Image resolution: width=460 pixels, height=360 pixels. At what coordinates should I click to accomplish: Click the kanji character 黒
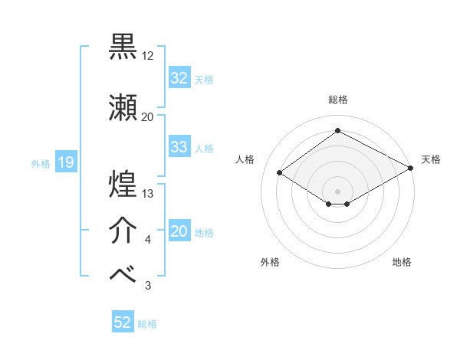pyautogui.click(x=123, y=47)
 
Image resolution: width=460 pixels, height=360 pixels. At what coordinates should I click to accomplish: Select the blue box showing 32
pyautogui.click(x=179, y=78)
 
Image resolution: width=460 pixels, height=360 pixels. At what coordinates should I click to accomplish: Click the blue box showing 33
pyautogui.click(x=179, y=147)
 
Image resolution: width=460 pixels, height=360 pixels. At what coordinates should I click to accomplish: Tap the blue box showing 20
pyautogui.click(x=179, y=232)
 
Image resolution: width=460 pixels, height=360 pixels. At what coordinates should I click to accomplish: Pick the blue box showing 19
pyautogui.click(x=65, y=162)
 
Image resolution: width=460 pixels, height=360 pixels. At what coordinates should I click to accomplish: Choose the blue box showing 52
pyautogui.click(x=123, y=323)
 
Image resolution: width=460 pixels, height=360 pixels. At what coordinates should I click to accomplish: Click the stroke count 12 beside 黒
pyautogui.click(x=148, y=56)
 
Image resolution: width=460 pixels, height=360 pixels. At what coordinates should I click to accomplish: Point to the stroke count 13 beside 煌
pyautogui.click(x=148, y=194)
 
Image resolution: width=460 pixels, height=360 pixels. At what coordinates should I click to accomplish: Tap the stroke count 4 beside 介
pyautogui.click(x=148, y=241)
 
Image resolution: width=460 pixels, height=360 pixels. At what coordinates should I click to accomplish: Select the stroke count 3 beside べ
pyautogui.click(x=148, y=286)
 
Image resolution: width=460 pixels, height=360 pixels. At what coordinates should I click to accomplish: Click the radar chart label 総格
pyautogui.click(x=337, y=100)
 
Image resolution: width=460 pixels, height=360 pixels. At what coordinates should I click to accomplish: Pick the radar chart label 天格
pyautogui.click(x=431, y=159)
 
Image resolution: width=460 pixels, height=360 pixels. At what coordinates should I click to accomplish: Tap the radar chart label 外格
pyautogui.click(x=270, y=262)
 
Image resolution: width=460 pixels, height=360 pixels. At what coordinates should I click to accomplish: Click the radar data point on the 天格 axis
pyautogui.click(x=412, y=168)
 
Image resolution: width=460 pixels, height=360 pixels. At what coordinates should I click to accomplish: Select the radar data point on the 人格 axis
pyautogui.click(x=280, y=173)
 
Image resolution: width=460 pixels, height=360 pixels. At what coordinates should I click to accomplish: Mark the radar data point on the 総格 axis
pyautogui.click(x=337, y=131)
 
